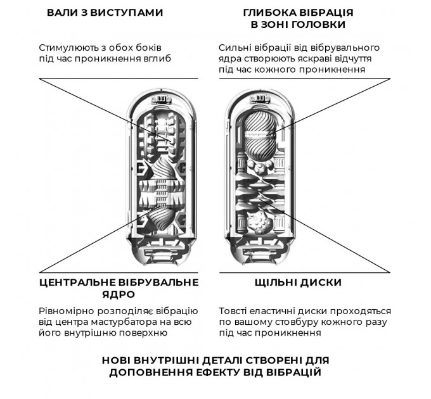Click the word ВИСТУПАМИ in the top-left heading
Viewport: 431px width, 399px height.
[126, 13]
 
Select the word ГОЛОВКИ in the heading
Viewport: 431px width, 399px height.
[318, 25]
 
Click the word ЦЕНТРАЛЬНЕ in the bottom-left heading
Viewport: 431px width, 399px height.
[78, 282]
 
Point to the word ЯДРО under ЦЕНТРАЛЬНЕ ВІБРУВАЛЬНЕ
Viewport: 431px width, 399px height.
[119, 294]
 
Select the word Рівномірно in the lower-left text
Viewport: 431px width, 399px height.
[67, 312]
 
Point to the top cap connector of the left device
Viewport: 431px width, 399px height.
[162, 98]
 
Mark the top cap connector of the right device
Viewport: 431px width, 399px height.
[260, 98]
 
